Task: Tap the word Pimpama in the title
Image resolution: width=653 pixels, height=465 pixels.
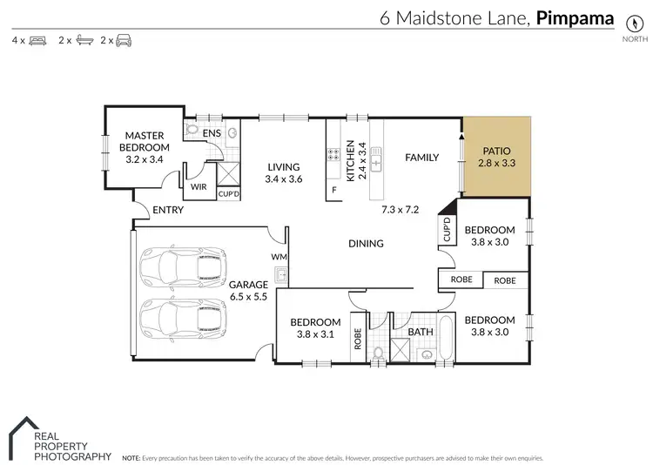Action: pos(576,17)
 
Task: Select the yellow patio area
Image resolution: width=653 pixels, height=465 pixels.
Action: pos(496,157)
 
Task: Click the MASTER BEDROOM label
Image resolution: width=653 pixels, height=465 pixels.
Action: pos(145,142)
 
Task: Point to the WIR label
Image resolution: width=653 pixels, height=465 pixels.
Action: pos(198,186)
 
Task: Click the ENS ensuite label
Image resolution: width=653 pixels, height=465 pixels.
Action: pos(212,133)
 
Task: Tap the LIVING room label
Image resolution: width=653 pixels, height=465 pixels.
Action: pos(283,167)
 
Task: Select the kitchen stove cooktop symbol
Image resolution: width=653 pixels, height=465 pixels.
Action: pos(332,157)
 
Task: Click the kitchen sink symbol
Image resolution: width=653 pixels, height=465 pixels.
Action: pos(376,158)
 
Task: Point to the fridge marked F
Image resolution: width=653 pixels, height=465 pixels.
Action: pos(333,190)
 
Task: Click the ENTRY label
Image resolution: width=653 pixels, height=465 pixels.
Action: pos(167,210)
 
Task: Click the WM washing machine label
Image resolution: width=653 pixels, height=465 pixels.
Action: pos(279,256)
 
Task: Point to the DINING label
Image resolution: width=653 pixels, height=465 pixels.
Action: pos(366,244)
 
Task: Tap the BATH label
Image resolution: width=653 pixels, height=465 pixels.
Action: pos(421,332)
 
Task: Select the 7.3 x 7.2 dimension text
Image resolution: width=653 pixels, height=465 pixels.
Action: pos(401,210)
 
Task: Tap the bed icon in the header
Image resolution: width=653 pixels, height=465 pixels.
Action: pos(37,40)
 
